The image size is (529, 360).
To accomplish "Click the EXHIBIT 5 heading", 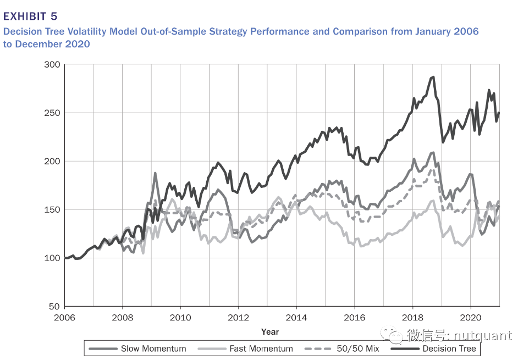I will coord(30,15).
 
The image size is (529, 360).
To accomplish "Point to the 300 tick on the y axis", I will coord(53,65).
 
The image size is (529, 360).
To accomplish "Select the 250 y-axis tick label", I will coord(53,113).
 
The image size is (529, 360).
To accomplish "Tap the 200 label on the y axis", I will coord(53,162).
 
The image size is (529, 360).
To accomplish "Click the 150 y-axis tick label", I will coord(53,210).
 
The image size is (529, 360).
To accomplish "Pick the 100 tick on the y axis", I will coord(53,258).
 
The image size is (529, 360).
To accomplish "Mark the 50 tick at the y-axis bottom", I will coord(55,307).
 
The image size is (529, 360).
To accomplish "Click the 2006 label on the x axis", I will coord(65,318).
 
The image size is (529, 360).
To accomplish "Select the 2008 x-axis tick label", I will coord(123,318).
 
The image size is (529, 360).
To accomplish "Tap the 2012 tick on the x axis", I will coord(239,318).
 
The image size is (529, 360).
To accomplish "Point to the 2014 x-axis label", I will coord(296,318).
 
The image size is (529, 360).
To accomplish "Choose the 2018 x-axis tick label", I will coord(412,318).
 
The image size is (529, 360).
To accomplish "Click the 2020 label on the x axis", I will coord(470,318).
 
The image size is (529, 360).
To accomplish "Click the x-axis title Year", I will coord(270,331).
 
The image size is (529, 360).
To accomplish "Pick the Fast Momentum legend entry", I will coord(261,348).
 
